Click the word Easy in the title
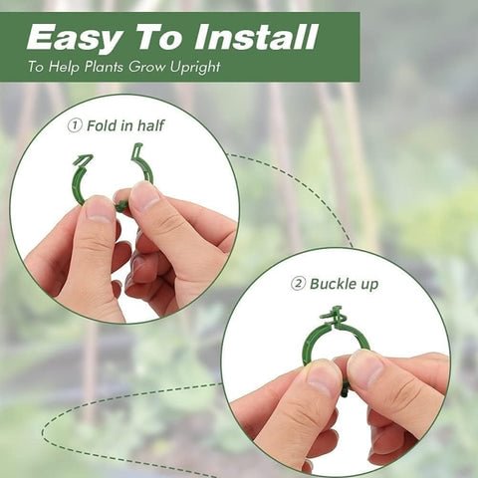coord(71,37)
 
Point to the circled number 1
coord(74,126)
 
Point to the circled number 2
coord(297,284)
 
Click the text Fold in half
coord(125,126)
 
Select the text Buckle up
coord(345,284)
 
